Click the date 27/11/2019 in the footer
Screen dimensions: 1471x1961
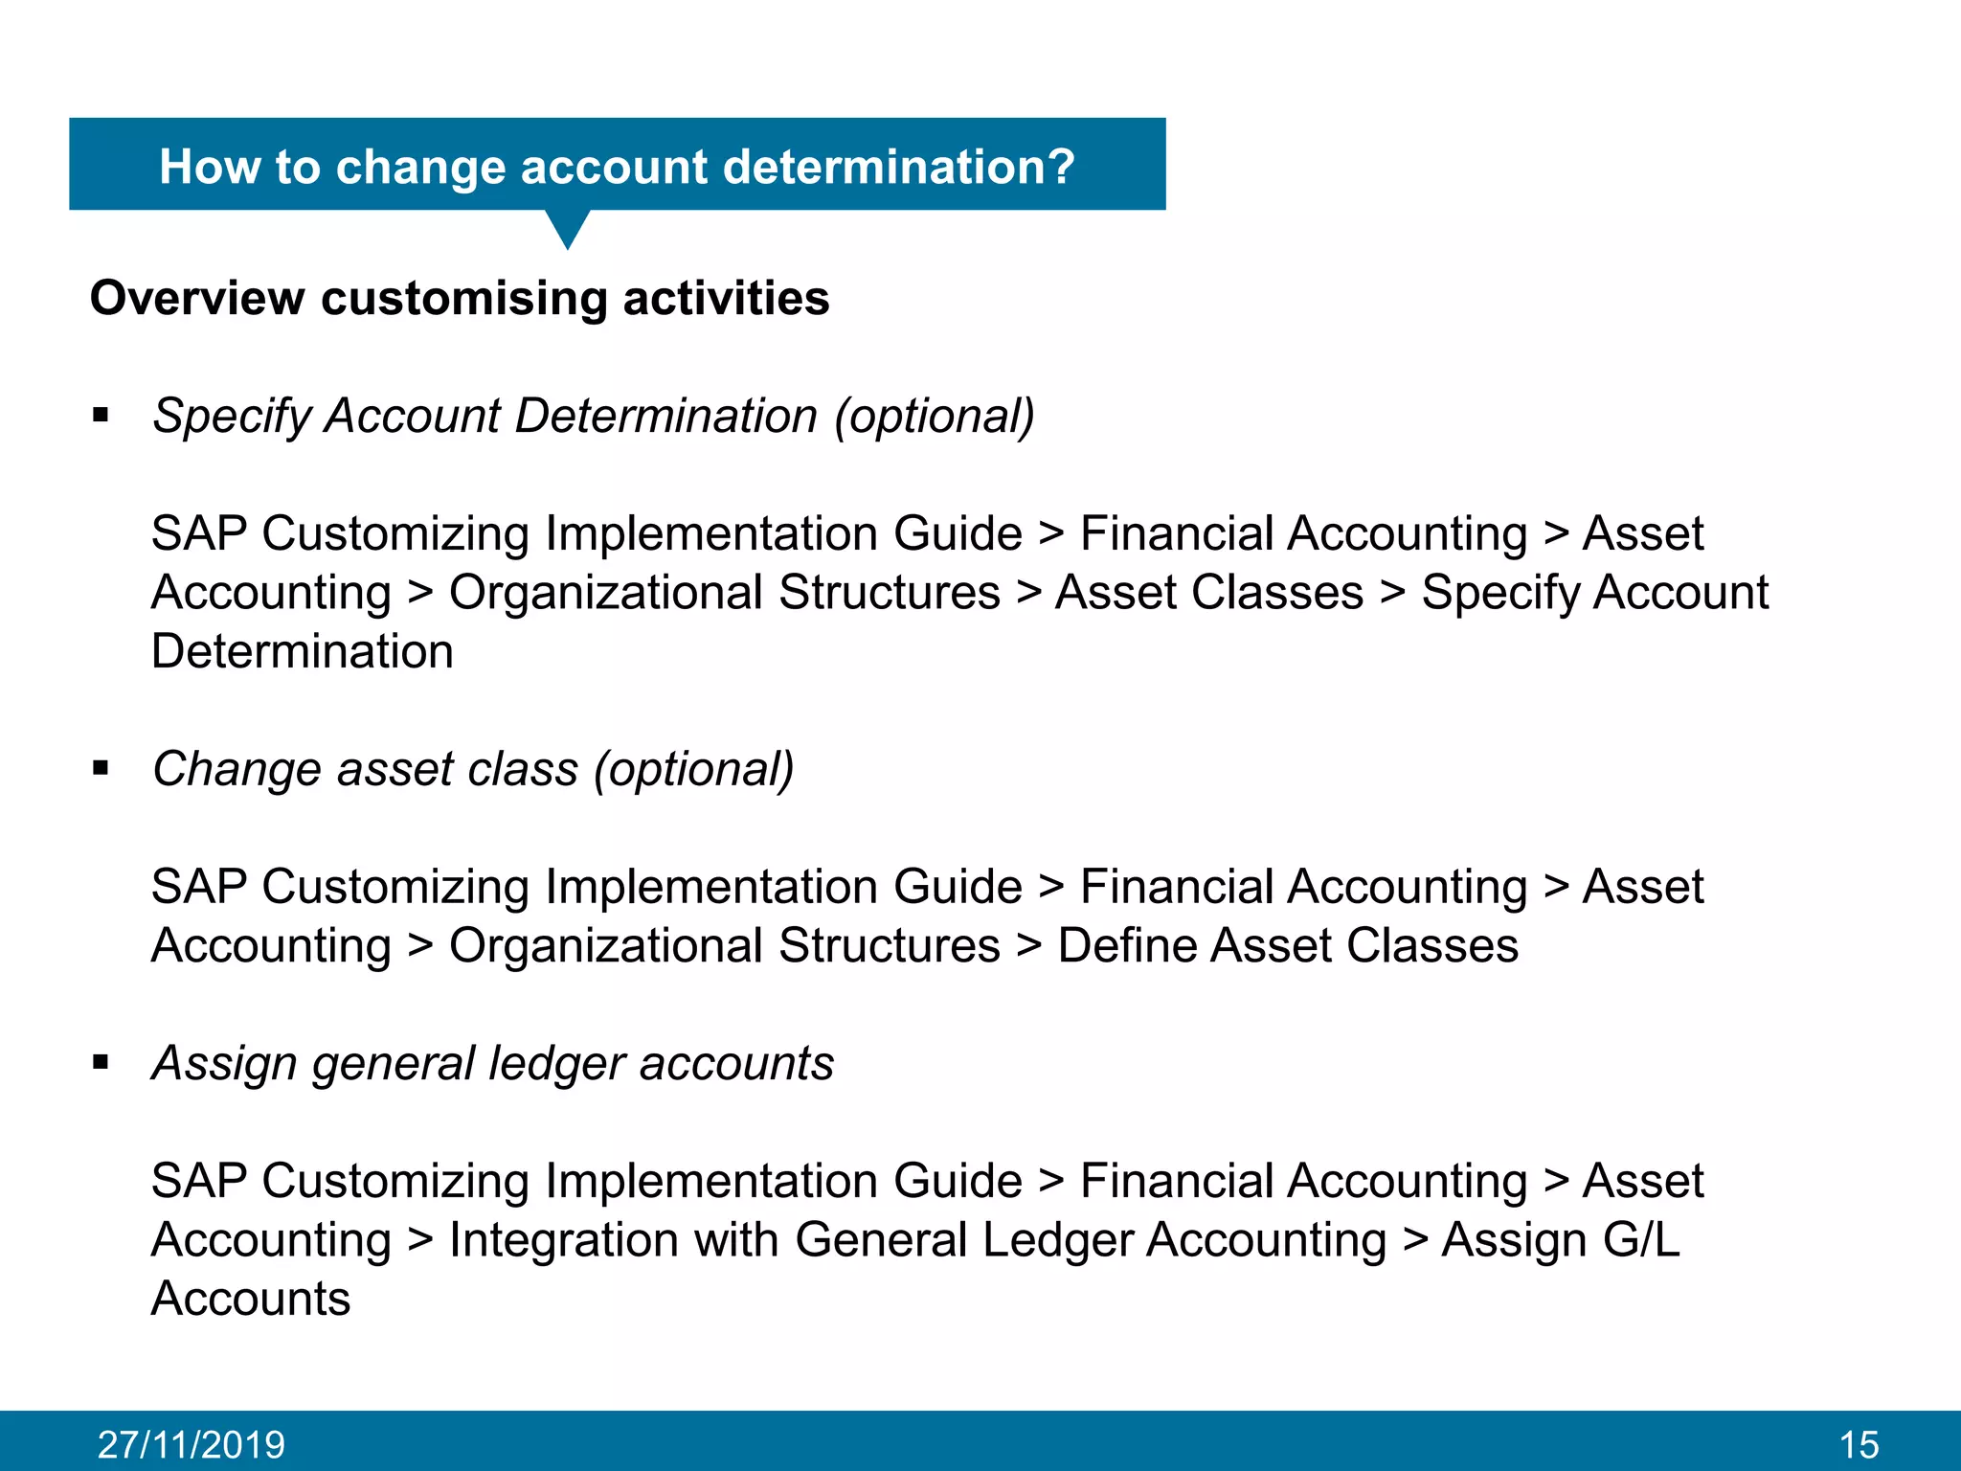pos(192,1444)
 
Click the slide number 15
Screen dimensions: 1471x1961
pos(1859,1444)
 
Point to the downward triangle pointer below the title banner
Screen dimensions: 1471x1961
pos(567,228)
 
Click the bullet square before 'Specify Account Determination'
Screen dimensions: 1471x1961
pos(101,416)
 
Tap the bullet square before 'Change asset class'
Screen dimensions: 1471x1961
pos(101,768)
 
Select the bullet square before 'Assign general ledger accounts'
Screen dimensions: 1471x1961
pos(101,1062)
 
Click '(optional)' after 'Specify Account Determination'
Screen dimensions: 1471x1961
pos(935,416)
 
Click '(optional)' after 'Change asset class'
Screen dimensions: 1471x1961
pos(693,768)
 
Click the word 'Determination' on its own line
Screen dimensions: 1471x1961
pos(302,651)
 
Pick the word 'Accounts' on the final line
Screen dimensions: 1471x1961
pos(251,1299)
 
